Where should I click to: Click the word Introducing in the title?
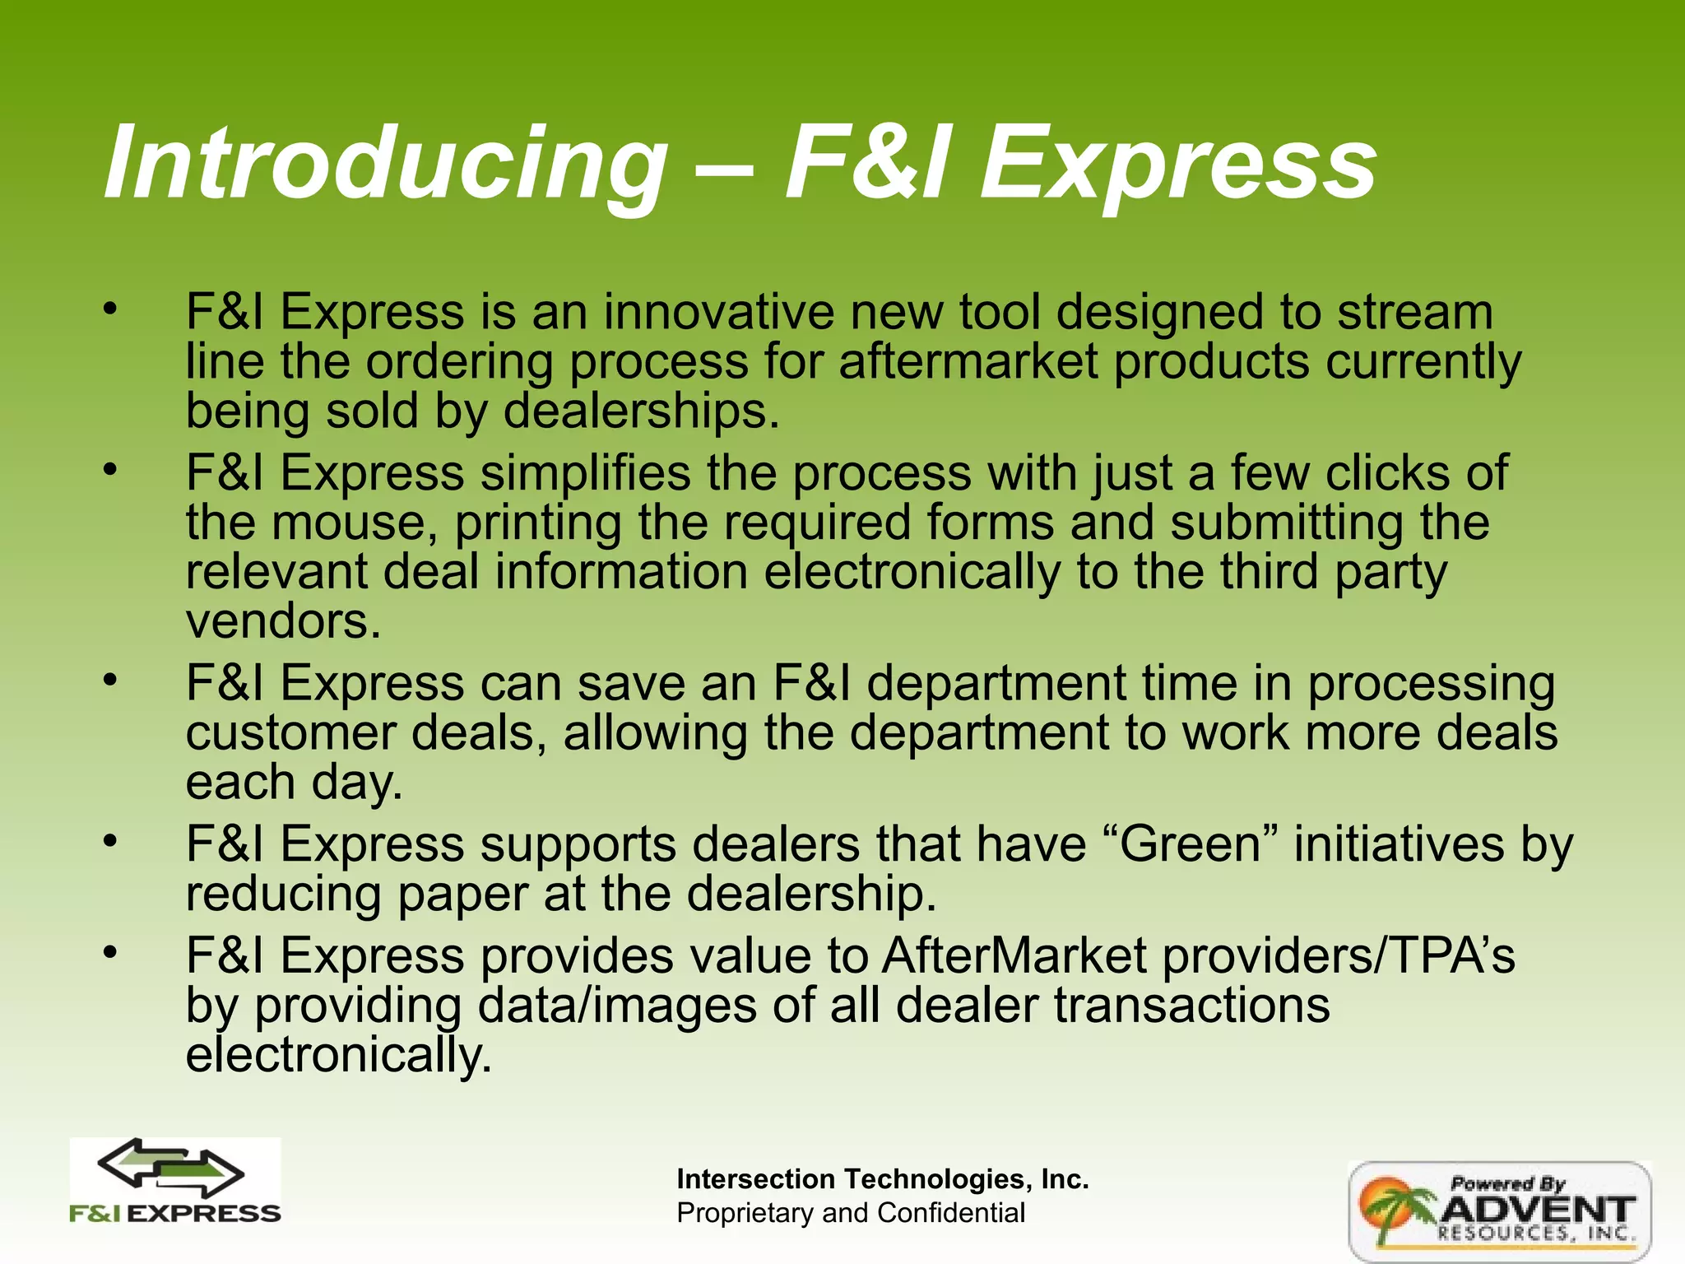coord(385,164)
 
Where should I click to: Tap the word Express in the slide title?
coord(1178,164)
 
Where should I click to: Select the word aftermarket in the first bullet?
coord(968,362)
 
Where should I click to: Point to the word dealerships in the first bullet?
coord(640,411)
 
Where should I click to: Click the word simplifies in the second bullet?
coord(585,473)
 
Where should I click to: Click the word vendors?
coord(283,622)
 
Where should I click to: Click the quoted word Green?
coord(1191,845)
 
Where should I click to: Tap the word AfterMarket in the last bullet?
coord(1014,956)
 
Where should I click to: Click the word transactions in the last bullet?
coord(1191,1006)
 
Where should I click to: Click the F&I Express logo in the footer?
coord(175,1181)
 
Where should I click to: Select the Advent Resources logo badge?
coord(1499,1211)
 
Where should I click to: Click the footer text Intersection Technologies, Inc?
coord(882,1179)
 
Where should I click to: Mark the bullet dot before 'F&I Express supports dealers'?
coord(111,841)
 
